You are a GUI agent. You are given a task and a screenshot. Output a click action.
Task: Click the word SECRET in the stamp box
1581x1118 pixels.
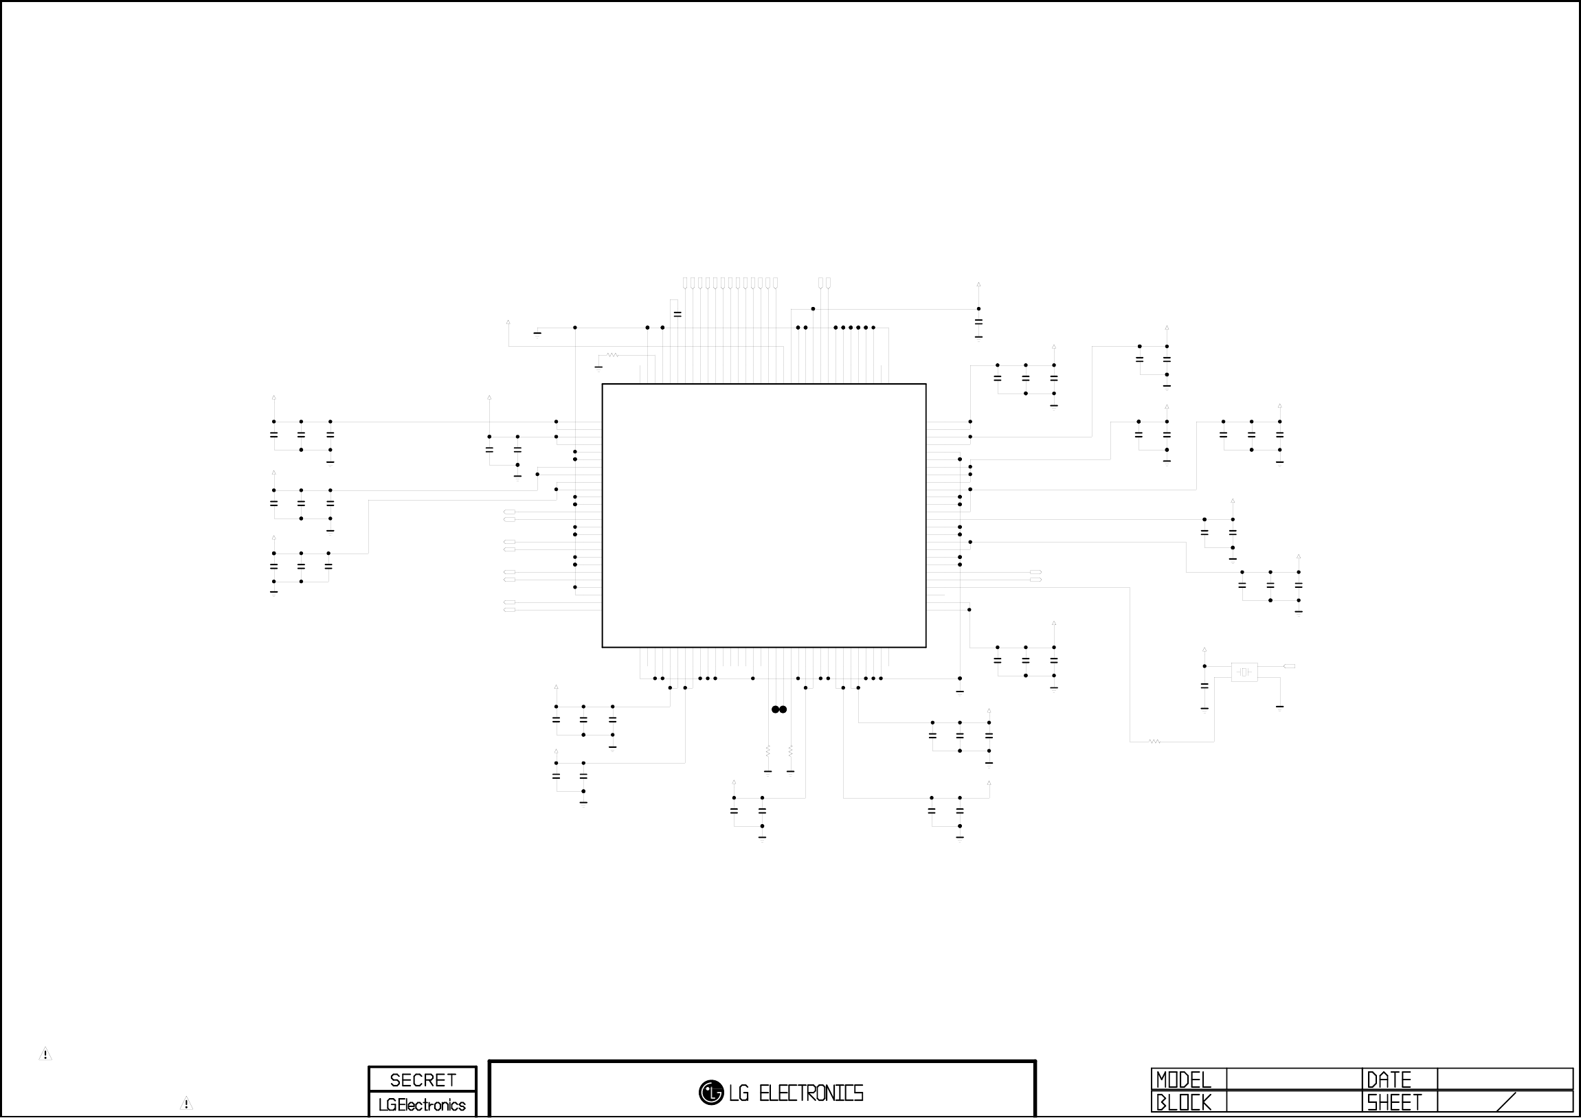pos(423,1080)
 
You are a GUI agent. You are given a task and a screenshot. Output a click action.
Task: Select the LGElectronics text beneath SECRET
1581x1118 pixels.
pos(422,1105)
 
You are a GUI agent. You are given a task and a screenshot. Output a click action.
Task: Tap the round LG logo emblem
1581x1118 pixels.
pos(710,1093)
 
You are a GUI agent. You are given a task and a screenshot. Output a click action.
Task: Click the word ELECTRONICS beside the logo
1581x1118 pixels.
pos(811,1093)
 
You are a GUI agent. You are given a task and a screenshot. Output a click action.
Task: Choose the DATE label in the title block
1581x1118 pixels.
pos(1389,1080)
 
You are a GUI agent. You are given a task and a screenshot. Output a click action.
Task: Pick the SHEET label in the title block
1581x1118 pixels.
pos(1394,1103)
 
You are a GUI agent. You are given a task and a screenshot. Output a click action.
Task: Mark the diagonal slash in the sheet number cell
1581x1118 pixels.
pos(1507,1102)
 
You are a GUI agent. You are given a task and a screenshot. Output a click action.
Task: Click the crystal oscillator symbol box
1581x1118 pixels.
pos(1244,672)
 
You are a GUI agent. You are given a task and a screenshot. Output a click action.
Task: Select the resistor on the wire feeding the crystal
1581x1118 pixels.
pos(1155,742)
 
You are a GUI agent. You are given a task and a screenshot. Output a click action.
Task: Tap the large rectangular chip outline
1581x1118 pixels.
pos(763,516)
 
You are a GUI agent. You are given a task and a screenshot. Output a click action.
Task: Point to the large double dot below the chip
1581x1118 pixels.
pos(778,709)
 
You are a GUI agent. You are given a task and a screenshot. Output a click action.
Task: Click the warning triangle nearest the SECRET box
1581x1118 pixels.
pos(186,1103)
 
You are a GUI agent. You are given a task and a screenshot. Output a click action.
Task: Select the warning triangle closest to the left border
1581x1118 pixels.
pos(45,1054)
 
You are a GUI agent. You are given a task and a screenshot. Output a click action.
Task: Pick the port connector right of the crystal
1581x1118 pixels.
pos(1290,666)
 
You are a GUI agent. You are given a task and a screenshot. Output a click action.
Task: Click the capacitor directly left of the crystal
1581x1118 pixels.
pos(1204,686)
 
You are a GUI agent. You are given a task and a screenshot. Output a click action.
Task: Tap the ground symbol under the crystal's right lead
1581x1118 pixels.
pos(1279,707)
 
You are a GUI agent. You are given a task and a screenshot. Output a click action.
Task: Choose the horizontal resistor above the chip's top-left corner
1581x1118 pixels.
pos(613,355)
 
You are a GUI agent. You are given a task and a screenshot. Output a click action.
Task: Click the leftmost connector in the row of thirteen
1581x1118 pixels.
pos(684,283)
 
